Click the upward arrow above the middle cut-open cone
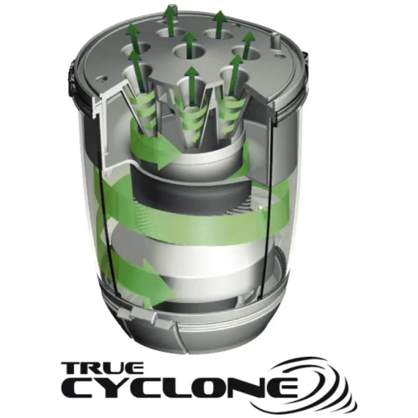click(x=191, y=85)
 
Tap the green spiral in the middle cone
click(x=191, y=121)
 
